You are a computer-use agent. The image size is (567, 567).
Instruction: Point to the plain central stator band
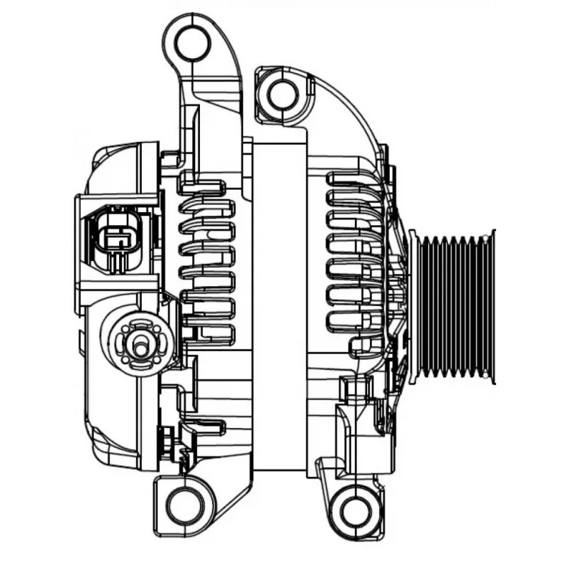click(x=280, y=305)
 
